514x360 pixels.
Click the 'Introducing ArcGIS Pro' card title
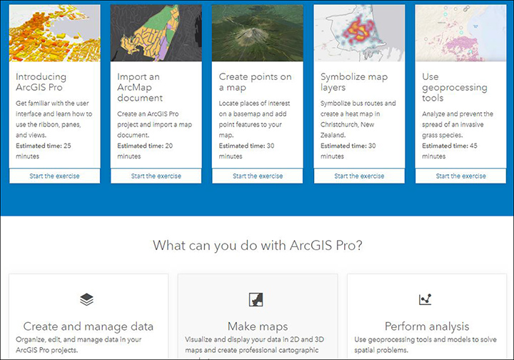(41, 82)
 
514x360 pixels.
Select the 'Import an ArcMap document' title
(140, 87)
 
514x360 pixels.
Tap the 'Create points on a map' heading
(255, 82)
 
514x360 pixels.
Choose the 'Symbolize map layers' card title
(354, 82)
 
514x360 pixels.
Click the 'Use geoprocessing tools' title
(454, 87)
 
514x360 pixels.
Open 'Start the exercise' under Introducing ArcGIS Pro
(54, 176)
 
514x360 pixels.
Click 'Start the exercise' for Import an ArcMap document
(156, 176)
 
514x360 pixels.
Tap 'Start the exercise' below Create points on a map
(258, 176)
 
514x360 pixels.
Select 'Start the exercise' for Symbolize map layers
(359, 176)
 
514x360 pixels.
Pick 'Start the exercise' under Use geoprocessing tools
(461, 176)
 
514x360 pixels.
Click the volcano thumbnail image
(258, 33)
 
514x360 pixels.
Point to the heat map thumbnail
(359, 33)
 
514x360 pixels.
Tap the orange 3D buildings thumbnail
(54, 33)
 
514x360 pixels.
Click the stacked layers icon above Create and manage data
(86, 299)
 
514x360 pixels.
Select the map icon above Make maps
(256, 299)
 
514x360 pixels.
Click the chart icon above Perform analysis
(425, 299)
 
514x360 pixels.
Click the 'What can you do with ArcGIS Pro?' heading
(258, 245)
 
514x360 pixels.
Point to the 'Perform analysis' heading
(427, 326)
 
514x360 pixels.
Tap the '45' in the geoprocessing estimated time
(473, 146)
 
